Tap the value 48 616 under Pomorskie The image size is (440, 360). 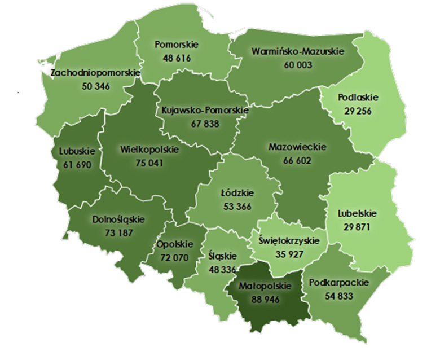pyautogui.click(x=175, y=58)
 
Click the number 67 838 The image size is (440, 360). pyautogui.click(x=204, y=124)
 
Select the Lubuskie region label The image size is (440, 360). pyautogui.click(x=77, y=151)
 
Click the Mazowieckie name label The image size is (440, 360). pyautogui.click(x=298, y=147)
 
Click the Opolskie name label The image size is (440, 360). pyautogui.click(x=174, y=244)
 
